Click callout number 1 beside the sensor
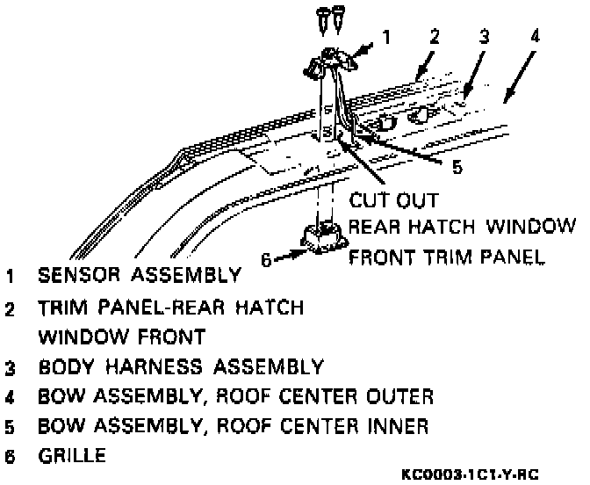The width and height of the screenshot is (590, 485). (385, 38)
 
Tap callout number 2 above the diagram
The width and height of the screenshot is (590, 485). (434, 37)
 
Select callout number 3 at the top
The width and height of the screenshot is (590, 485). (484, 37)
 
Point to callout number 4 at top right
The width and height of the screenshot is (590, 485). (536, 37)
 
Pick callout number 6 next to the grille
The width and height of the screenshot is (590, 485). (266, 258)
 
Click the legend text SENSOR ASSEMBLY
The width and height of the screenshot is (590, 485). (139, 275)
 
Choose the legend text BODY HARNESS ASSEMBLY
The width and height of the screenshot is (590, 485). (181, 366)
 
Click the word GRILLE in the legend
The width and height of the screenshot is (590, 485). (74, 457)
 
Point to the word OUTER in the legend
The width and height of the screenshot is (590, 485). (396, 396)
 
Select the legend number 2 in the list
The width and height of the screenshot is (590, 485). (10, 309)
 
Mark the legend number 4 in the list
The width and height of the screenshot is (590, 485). (10, 397)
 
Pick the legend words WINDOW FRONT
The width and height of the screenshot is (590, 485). (121, 337)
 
